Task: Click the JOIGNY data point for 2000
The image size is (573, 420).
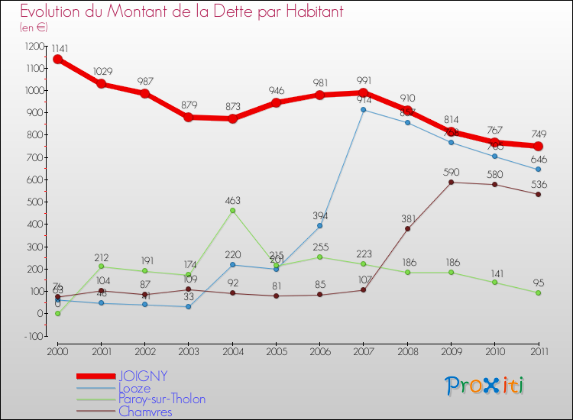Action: pyautogui.click(x=57, y=59)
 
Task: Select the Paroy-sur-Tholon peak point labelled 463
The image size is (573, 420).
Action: pyautogui.click(x=232, y=210)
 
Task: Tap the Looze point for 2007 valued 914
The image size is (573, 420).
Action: pyautogui.click(x=363, y=110)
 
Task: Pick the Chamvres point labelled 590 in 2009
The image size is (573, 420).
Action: pyautogui.click(x=451, y=182)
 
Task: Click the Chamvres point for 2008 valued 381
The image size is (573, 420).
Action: pyautogui.click(x=407, y=228)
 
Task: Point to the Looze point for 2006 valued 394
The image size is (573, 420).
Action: pyautogui.click(x=319, y=225)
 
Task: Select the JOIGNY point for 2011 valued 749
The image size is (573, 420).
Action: pyautogui.click(x=538, y=146)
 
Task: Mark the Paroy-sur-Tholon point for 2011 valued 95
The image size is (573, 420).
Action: pyautogui.click(x=538, y=292)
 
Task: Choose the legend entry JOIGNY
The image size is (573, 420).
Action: pyautogui.click(x=143, y=376)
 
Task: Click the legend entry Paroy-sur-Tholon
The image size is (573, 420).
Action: pyautogui.click(x=161, y=399)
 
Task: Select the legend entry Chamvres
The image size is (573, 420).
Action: pyautogui.click(x=145, y=412)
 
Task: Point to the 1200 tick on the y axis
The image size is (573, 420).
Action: pyautogui.click(x=35, y=46)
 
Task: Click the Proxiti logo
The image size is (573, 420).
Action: pyautogui.click(x=485, y=386)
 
